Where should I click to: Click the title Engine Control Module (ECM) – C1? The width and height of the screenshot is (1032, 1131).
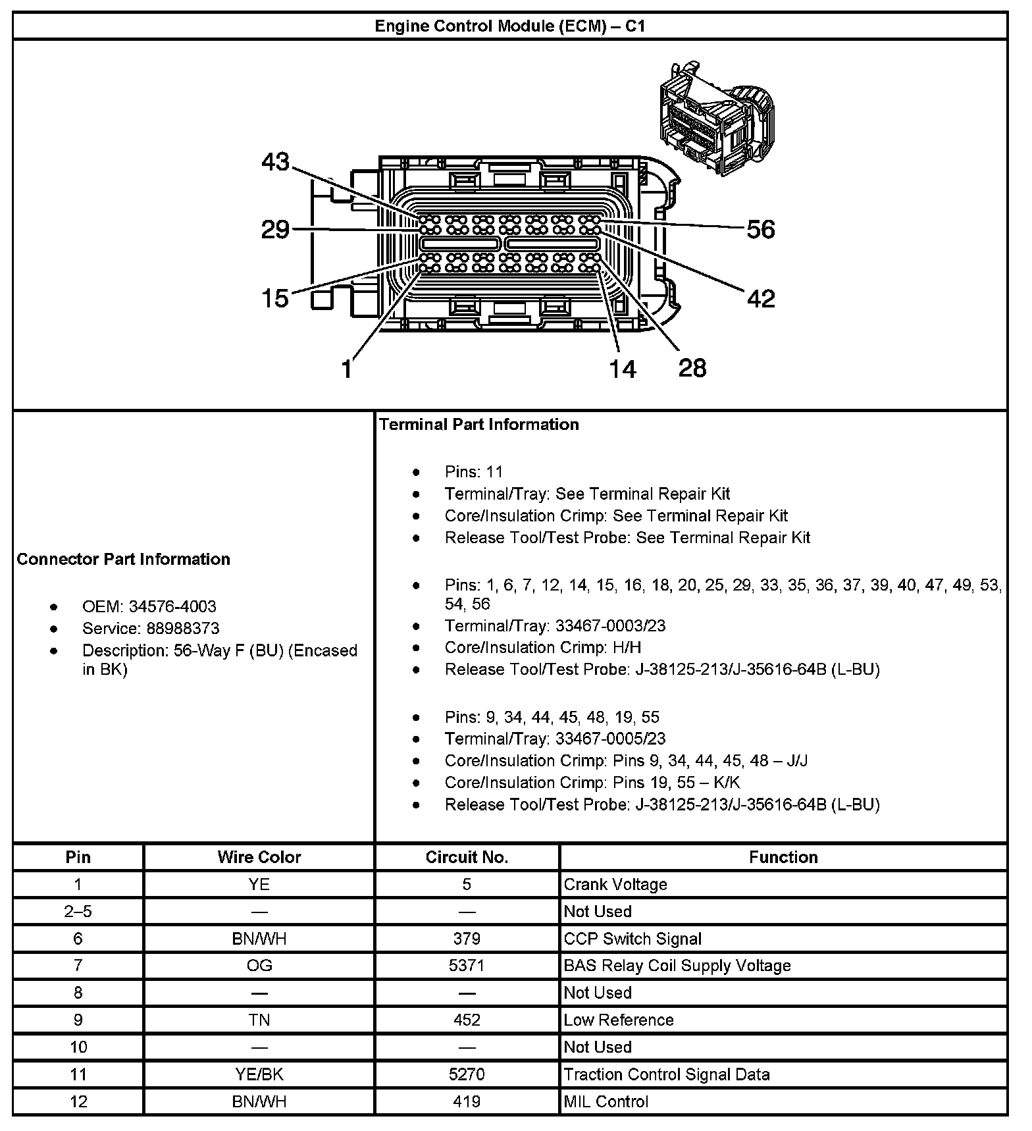point(509,26)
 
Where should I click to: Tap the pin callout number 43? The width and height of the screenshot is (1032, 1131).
point(275,162)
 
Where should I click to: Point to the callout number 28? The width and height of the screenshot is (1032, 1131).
point(692,368)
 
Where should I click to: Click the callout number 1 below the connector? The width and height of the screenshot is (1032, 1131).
point(347,369)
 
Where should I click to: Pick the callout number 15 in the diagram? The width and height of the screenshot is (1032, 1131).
point(275,299)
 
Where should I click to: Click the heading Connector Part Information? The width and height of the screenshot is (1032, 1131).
point(124,559)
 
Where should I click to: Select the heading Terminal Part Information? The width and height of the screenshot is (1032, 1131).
point(479,425)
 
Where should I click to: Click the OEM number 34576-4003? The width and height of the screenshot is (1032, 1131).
point(172,606)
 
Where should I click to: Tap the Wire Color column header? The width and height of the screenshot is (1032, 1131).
point(259,857)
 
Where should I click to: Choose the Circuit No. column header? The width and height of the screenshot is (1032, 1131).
point(467,857)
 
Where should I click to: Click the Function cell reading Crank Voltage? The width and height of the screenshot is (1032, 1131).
point(615,884)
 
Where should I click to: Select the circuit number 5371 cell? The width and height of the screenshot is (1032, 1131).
point(467,965)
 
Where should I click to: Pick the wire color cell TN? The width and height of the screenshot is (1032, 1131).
point(259,1020)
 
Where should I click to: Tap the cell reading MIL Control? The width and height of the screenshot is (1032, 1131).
point(606,1101)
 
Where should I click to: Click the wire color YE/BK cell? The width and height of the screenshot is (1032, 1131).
point(259,1074)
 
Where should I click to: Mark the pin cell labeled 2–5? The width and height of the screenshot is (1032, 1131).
point(78,911)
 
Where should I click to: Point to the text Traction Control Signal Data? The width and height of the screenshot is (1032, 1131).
point(667,1074)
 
